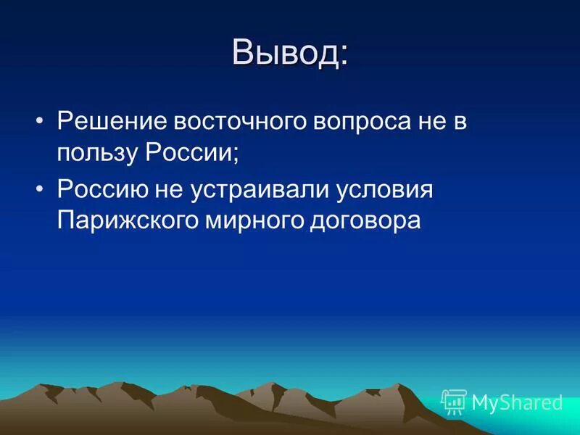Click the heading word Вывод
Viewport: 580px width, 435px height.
point(283,51)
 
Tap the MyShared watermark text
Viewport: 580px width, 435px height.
point(517,403)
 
